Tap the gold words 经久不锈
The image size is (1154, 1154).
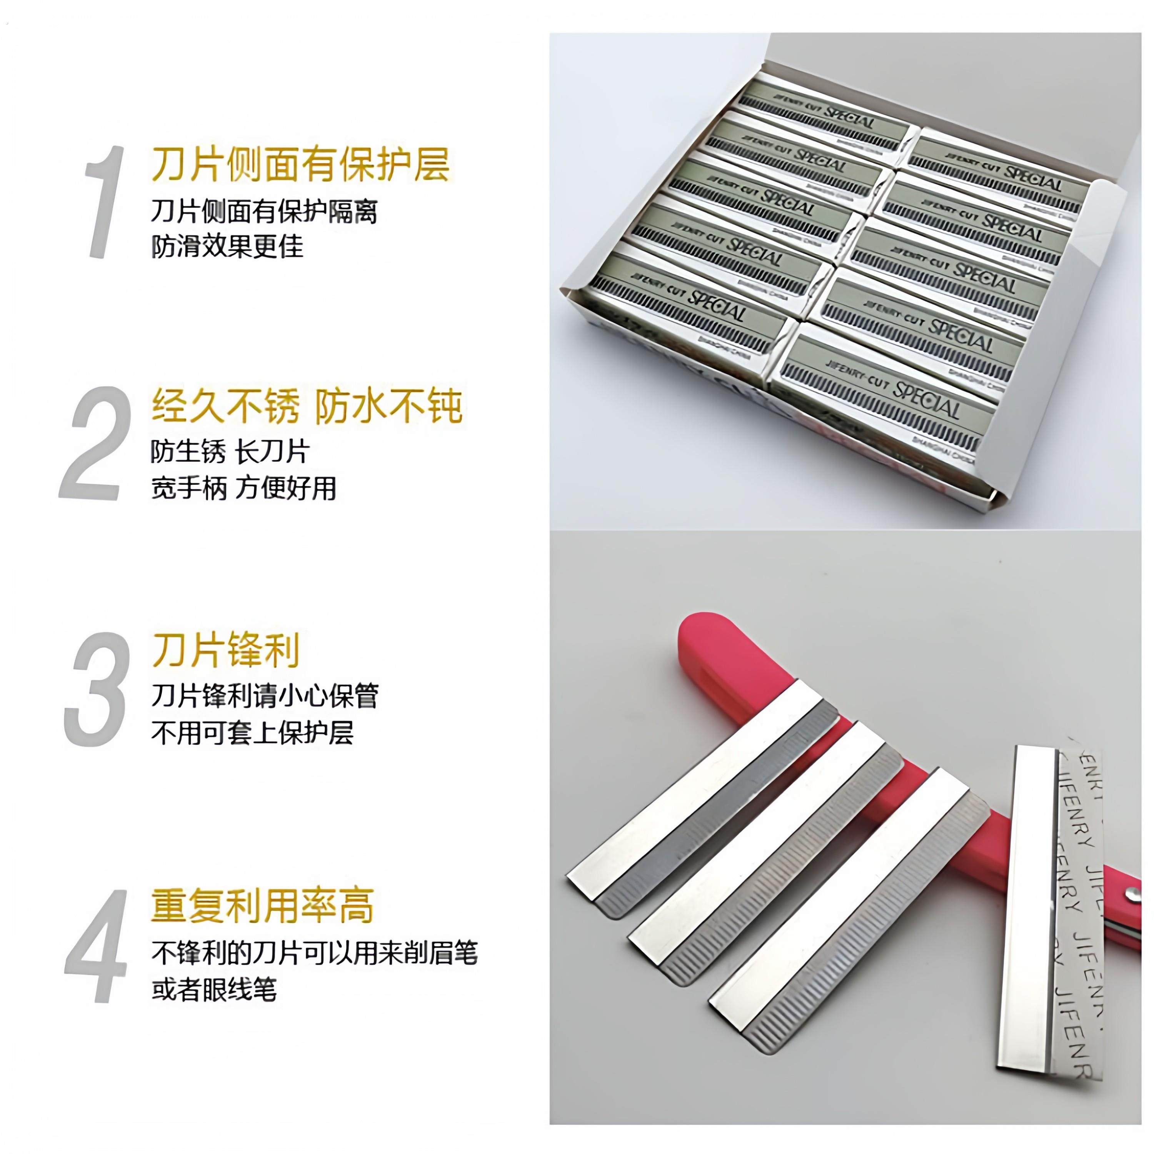(225, 406)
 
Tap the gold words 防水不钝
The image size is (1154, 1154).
(388, 406)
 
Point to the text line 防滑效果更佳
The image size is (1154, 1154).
(227, 245)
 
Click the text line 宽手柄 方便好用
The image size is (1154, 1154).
(243, 488)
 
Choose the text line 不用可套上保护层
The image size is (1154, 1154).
(252, 732)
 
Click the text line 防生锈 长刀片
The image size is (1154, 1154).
(230, 452)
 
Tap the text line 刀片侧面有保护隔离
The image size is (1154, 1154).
(264, 212)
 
